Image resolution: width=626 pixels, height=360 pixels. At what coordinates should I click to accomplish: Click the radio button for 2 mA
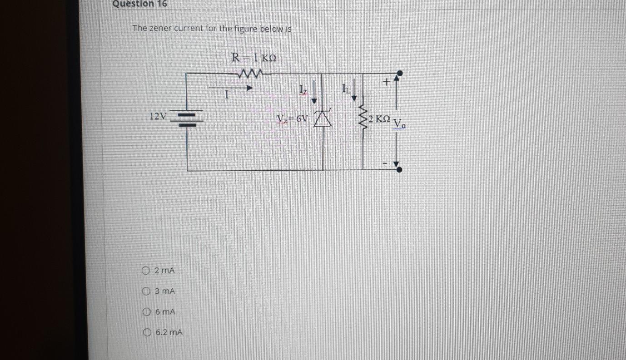tap(146, 271)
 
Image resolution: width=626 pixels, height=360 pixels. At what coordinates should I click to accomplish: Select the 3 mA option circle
tap(146, 291)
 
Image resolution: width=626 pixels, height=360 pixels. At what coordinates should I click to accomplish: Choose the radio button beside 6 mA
tap(146, 312)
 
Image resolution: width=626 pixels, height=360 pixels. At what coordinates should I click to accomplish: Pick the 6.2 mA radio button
tap(146, 332)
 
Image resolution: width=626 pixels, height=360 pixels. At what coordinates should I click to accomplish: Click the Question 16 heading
tap(139, 4)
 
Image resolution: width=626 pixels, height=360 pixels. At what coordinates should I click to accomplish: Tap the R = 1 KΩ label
tap(254, 58)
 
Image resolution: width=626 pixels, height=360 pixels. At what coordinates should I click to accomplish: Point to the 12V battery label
tap(158, 116)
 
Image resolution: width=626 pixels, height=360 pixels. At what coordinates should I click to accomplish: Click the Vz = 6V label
tap(293, 119)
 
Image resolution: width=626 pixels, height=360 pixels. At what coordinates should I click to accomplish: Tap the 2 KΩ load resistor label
tap(379, 119)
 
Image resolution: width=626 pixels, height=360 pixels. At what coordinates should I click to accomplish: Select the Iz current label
tap(303, 89)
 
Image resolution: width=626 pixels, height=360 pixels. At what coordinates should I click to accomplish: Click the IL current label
tap(346, 89)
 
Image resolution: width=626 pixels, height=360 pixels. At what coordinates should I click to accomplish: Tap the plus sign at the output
tap(386, 82)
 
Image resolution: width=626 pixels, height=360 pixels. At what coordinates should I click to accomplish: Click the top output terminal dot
tap(399, 73)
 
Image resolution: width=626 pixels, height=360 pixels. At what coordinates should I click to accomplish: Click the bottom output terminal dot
tap(399, 170)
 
